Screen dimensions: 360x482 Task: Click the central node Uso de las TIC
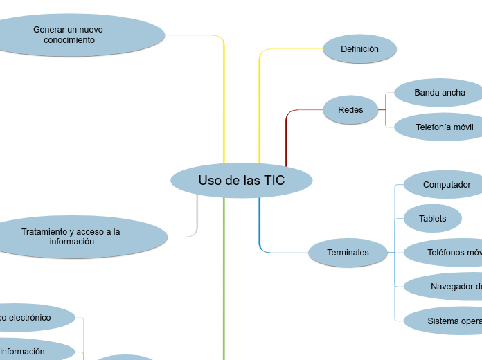coord(241,181)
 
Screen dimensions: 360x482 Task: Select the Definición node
coord(359,49)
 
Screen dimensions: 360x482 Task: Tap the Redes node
coord(350,110)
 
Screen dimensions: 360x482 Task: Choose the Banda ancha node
coord(439,93)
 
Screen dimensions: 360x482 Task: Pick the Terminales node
coord(348,253)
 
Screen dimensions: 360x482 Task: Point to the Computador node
coord(445,185)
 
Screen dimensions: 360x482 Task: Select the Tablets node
coord(432,219)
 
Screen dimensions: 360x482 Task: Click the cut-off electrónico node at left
coord(31,318)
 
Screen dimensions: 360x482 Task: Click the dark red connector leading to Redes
coord(286,138)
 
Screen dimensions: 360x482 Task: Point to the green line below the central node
coord(224,277)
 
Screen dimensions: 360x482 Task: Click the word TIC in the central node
coord(274,181)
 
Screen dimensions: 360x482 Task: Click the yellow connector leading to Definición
coord(260,104)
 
